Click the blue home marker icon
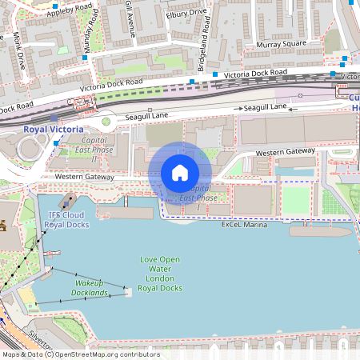pyautogui.click(x=180, y=173)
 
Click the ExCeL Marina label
pyautogui.click(x=244, y=226)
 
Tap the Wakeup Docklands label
pyautogui.click(x=91, y=288)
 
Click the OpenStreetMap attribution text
pyautogui.click(x=80, y=354)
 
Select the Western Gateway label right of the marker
pyautogui.click(x=286, y=152)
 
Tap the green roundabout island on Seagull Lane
pyautogui.click(x=106, y=122)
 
